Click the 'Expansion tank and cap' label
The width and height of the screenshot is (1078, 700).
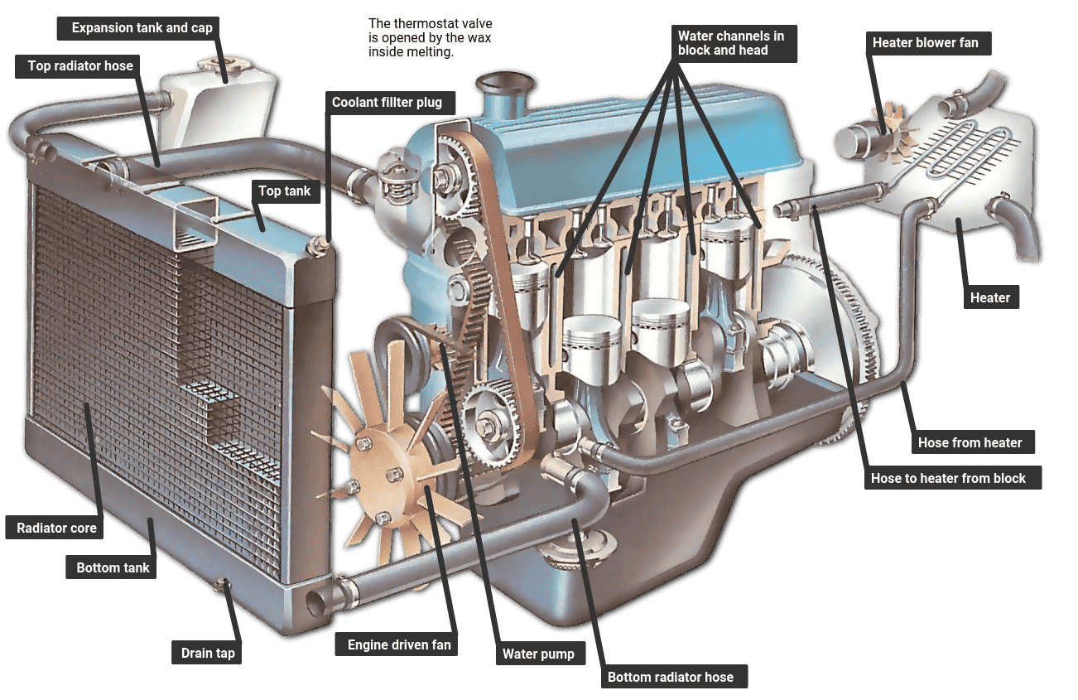tap(142, 28)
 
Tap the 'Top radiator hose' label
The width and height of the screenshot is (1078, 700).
tap(80, 66)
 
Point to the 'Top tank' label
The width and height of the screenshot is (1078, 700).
tap(284, 191)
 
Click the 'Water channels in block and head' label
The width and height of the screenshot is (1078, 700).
tap(730, 43)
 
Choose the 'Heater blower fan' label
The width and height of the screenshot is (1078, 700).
tap(925, 42)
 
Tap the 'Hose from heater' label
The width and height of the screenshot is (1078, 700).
tap(970, 442)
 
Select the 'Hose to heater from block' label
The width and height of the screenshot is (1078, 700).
tap(948, 478)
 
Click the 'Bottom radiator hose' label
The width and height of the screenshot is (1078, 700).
tap(670, 677)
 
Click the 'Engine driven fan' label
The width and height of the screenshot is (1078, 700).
tap(398, 644)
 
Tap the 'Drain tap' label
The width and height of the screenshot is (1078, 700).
tap(208, 653)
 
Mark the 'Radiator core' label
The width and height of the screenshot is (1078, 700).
tap(56, 528)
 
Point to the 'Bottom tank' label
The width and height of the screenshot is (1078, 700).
tap(113, 568)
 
